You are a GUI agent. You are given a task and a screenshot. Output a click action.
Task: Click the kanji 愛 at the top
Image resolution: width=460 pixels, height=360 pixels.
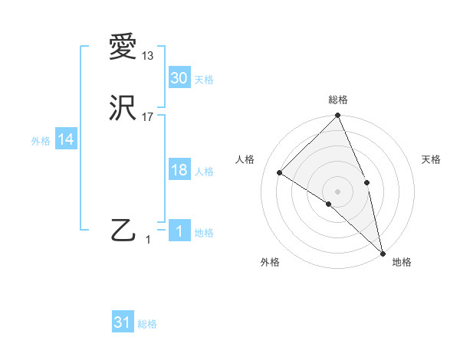[123, 48]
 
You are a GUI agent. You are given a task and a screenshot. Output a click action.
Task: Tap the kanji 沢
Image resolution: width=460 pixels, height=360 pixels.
[123, 108]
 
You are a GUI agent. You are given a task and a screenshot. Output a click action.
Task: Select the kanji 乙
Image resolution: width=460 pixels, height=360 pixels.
[123, 231]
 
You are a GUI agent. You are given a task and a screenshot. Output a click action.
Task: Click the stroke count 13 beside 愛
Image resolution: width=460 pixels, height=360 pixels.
[148, 56]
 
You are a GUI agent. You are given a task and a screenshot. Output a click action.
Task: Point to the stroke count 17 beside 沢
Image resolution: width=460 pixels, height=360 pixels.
[148, 116]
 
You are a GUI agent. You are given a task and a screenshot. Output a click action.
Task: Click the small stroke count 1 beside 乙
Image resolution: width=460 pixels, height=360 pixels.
[148, 240]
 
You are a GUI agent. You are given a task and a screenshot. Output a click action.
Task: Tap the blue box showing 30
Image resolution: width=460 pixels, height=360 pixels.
[179, 77]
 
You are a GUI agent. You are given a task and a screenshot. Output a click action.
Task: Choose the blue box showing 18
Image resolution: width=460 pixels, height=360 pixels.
[179, 169]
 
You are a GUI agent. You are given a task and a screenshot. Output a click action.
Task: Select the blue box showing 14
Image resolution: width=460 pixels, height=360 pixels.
[66, 139]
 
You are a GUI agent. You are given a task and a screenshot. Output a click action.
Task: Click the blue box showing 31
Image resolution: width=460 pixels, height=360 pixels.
[123, 322]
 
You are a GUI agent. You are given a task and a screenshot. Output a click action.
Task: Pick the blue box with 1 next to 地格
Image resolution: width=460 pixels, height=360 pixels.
[179, 231]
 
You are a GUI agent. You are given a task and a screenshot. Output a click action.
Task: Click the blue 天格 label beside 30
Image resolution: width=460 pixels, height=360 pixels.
[204, 80]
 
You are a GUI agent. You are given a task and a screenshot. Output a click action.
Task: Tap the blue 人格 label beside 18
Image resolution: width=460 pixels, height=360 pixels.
[204, 172]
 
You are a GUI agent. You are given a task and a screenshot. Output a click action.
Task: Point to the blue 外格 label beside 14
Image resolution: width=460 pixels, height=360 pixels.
[41, 141]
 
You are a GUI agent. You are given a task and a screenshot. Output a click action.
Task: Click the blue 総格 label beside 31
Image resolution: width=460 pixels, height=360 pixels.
[147, 324]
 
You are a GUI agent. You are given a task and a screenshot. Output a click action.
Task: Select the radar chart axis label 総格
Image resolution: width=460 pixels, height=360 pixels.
[338, 100]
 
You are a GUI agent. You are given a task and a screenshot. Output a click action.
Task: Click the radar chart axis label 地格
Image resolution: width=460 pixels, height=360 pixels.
[402, 262]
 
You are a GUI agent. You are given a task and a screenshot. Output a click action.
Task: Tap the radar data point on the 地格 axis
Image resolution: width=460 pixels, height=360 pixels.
[383, 252]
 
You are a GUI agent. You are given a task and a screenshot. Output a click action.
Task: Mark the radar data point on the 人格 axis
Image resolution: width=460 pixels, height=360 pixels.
[280, 172]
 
